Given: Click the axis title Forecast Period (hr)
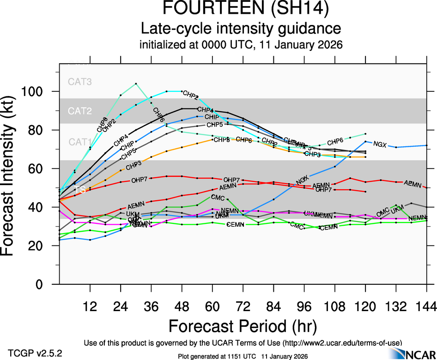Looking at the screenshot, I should tap(243, 327).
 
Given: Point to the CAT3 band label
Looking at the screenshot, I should tap(80, 82).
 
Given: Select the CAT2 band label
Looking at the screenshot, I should tap(80, 111).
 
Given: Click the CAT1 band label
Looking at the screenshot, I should tap(80, 142).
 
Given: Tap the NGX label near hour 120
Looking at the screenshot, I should tap(380, 144).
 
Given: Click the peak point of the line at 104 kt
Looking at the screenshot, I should tap(136, 84).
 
